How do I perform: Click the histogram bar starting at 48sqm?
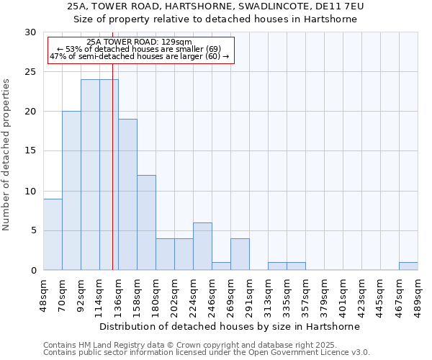coord(53,234)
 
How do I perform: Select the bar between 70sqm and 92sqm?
coord(71,191)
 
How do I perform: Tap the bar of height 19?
coord(127,194)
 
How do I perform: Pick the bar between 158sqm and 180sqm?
coord(146,222)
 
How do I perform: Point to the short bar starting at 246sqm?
coord(221,266)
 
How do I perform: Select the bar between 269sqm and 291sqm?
coord(240,254)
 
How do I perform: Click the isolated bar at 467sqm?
coord(408,266)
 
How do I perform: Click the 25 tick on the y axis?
coord(31,72)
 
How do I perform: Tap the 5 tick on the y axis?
coord(34,230)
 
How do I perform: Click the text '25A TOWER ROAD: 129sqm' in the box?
coord(139,42)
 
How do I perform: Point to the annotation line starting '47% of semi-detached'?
coord(139,56)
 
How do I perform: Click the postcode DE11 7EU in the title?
coord(339,6)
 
